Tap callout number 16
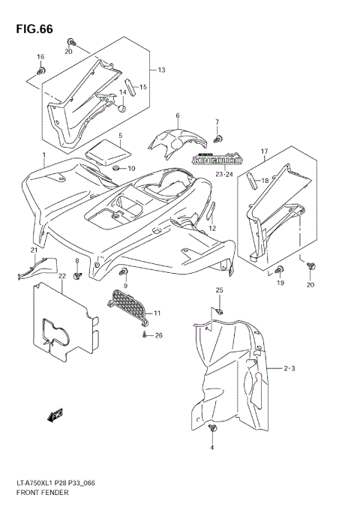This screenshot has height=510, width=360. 40,57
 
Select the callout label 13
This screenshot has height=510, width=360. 160,70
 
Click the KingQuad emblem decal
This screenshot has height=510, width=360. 217,159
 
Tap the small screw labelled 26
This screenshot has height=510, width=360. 142,336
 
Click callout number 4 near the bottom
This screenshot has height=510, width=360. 212,447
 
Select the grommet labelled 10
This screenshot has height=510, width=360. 116,169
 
